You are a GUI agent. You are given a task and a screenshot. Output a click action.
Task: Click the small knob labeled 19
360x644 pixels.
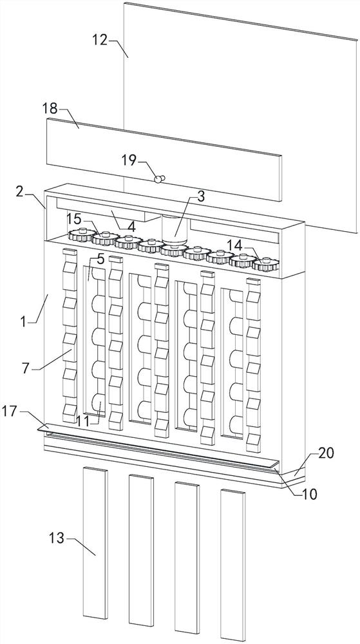[158, 178]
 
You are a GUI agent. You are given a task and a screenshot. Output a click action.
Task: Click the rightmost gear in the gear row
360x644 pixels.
[263, 264]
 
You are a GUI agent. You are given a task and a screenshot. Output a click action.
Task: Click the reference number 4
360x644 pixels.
[131, 227]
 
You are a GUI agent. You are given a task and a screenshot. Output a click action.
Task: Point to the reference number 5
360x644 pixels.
[100, 260]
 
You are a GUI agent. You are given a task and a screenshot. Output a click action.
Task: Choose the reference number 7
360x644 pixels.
[26, 368]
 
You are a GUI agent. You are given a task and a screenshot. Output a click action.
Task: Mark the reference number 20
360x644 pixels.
[327, 453]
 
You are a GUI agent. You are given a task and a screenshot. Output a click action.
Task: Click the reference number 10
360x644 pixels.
[309, 494]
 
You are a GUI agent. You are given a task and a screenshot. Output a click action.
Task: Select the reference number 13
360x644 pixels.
[57, 538]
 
